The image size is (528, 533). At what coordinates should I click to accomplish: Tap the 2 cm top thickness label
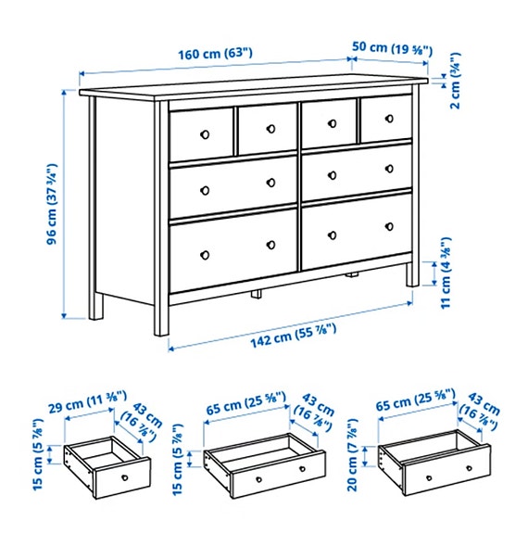pos(454,80)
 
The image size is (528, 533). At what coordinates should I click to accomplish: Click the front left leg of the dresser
pos(162,315)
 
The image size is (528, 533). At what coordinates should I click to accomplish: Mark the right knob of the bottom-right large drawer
pos(389,227)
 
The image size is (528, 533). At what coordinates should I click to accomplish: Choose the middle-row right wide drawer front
pos(356,171)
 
